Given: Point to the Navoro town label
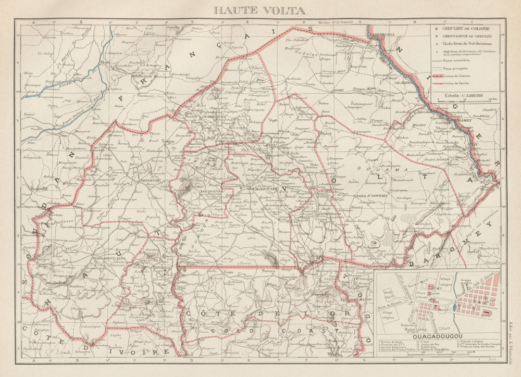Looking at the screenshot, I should [268, 271].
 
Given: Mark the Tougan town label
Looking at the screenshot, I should [168, 141].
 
